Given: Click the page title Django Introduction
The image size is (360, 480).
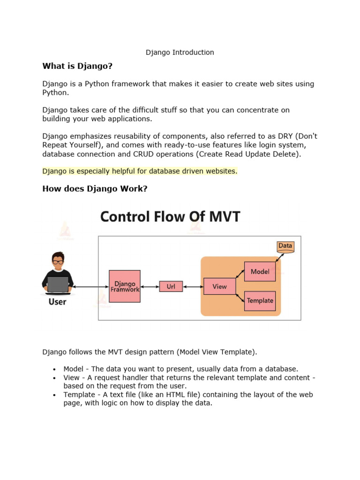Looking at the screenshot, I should [180, 52].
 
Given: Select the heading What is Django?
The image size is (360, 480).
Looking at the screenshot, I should [77, 66].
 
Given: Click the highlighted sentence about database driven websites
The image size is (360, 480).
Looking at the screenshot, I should [140, 171].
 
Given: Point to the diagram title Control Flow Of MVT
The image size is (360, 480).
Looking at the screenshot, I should [170, 217].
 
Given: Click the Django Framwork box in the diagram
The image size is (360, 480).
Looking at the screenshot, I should [125, 286].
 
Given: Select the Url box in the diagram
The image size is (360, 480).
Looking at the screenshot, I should [171, 286].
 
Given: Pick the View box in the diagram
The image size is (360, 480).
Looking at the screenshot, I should [219, 286].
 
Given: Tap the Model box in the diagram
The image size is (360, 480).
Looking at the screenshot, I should [260, 271].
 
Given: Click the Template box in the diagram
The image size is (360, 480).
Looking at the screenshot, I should [260, 300].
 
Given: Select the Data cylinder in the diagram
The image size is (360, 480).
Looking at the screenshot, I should [285, 246].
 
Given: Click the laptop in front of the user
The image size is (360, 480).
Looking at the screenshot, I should [58, 284].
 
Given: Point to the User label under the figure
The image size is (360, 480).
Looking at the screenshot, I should [58, 301].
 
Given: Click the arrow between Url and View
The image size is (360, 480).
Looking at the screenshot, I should [193, 286].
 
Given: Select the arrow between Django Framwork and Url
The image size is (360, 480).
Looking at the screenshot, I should [150, 286].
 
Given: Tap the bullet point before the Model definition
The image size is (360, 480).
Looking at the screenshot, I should [55, 369].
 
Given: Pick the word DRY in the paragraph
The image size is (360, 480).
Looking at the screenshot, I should [277, 136].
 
